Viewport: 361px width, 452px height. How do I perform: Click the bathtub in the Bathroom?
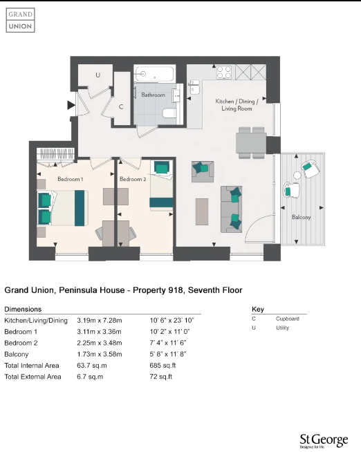point(156,74)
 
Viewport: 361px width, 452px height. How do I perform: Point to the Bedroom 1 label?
point(70,180)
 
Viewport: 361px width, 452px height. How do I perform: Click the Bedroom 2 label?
point(133,180)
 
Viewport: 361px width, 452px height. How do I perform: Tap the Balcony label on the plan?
point(301,217)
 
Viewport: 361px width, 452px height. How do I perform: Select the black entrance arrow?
point(71,105)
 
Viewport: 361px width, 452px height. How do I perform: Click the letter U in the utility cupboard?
point(98,74)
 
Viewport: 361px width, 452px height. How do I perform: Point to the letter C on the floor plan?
point(121,106)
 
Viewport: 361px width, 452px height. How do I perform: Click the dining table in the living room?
point(251,142)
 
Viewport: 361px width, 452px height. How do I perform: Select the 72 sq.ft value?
point(161,377)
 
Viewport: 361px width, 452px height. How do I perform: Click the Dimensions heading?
point(23,309)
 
